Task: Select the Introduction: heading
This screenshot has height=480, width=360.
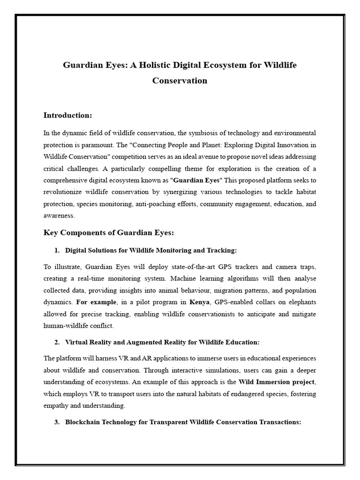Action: click(67, 115)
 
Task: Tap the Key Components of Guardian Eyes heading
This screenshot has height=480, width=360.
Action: click(108, 233)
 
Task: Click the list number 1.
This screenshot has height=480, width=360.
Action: click(57, 250)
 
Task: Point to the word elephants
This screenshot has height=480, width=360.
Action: click(300, 302)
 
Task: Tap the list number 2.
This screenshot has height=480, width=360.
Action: click(57, 342)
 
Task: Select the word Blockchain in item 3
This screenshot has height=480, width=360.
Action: click(82, 422)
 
